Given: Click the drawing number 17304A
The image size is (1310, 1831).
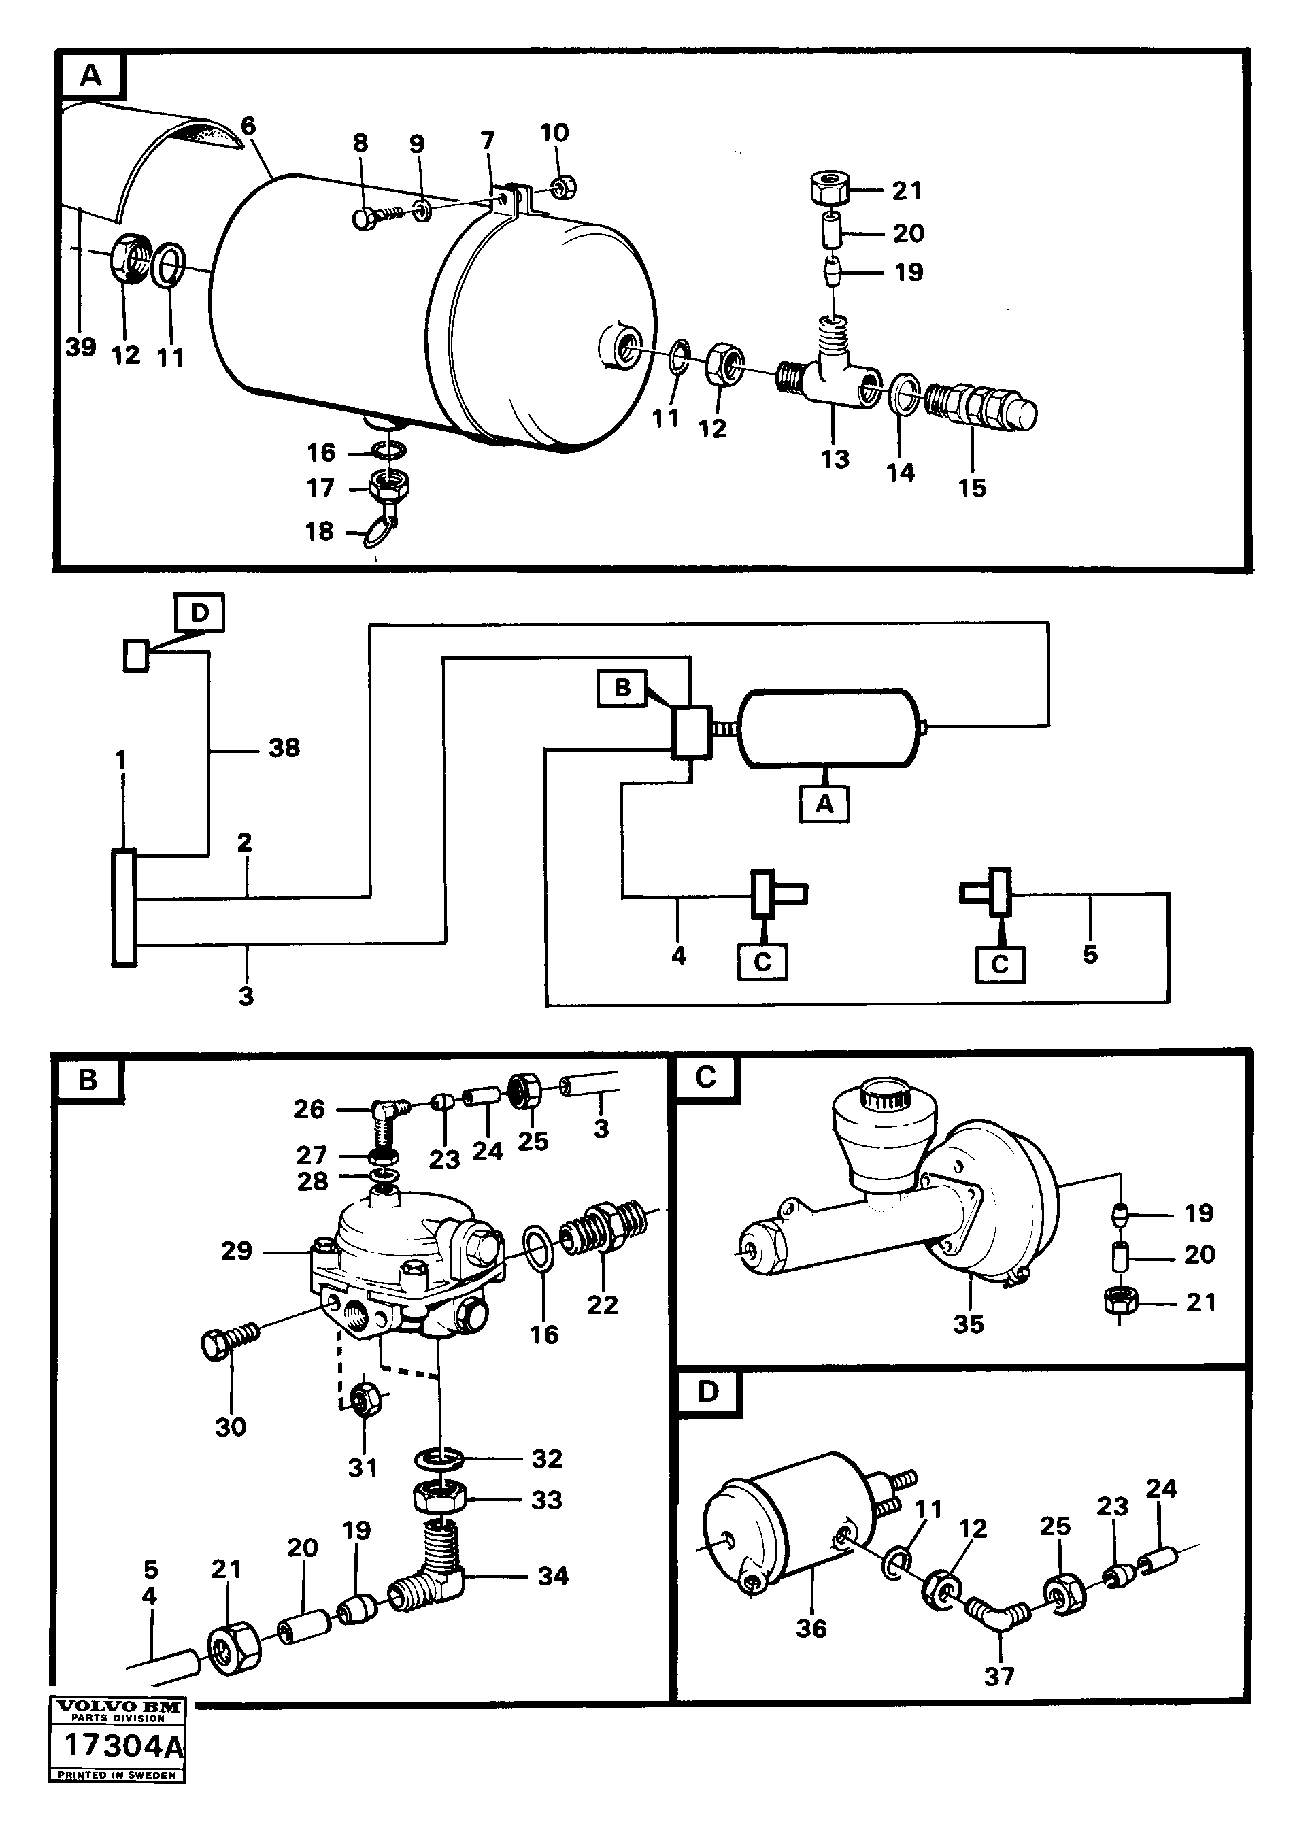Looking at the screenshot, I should point(122,1745).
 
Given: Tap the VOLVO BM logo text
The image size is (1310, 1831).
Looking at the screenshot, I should point(118,1707).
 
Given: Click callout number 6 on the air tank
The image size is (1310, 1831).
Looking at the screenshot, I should point(248,126).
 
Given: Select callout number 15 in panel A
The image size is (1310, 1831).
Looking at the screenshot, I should point(972,487).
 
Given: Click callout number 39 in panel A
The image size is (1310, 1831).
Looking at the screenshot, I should point(81,347).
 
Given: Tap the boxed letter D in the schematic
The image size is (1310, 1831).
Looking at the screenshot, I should point(199,613).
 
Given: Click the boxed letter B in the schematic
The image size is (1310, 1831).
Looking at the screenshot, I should point(622,688).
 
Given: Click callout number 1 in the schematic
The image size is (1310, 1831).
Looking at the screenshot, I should point(121,760).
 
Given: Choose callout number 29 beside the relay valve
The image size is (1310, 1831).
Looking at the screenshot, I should point(236,1251).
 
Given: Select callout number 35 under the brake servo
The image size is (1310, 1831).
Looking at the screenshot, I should point(968,1324).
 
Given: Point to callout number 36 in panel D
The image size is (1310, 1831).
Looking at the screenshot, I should point(811,1628).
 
